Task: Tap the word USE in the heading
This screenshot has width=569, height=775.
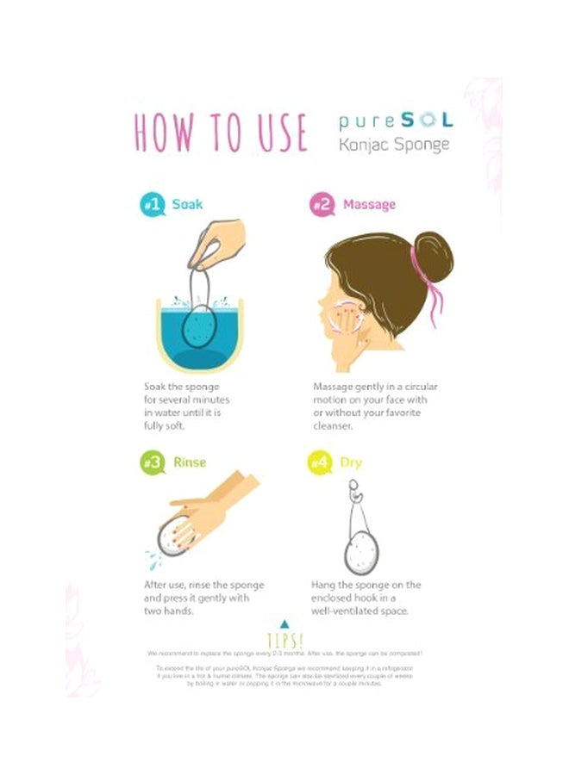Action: click(x=277, y=132)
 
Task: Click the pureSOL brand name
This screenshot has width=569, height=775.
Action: click(x=394, y=121)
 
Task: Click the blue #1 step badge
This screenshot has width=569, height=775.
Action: click(x=153, y=206)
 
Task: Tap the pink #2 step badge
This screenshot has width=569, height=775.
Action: click(x=322, y=206)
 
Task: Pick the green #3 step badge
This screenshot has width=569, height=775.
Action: click(x=153, y=462)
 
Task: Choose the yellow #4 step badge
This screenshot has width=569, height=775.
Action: click(x=319, y=462)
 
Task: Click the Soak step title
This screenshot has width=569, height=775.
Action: click(x=187, y=205)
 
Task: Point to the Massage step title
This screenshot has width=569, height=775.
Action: click(x=369, y=205)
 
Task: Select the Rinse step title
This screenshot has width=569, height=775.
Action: click(x=190, y=462)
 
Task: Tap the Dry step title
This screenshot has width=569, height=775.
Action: click(x=351, y=462)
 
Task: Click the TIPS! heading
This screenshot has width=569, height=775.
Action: click(x=284, y=641)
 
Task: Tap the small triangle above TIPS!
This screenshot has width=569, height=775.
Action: click(x=284, y=623)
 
